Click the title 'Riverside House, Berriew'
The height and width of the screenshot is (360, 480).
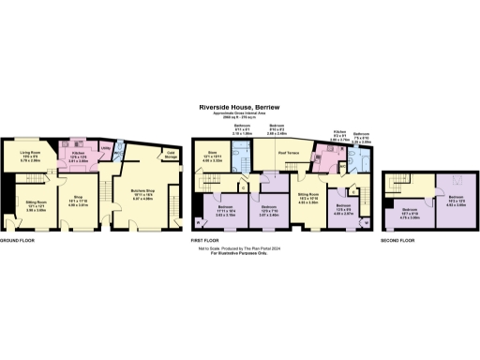(239, 108)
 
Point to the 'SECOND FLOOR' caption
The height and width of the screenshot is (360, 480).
(399, 241)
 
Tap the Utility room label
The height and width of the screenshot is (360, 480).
(106, 148)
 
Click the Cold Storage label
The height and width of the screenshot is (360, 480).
(171, 154)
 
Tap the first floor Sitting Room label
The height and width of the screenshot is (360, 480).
(309, 201)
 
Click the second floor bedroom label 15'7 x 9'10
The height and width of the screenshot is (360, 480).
(410, 211)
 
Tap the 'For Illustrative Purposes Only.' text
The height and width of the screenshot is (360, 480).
(239, 254)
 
